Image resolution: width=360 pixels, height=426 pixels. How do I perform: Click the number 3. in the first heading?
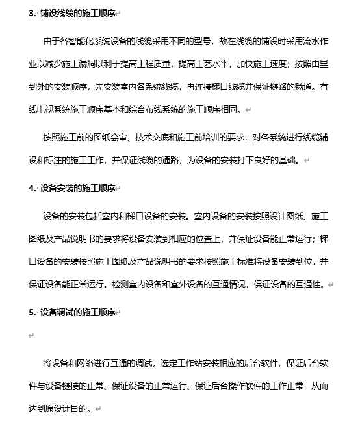coord(32,13)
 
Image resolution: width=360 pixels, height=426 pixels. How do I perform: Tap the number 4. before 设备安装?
coord(32,188)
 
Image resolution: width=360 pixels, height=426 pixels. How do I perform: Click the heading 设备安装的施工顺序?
coord(79,188)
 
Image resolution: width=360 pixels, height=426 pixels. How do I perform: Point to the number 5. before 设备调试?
coord(32,312)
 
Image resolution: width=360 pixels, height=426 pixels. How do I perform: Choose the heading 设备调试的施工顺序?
coord(79,312)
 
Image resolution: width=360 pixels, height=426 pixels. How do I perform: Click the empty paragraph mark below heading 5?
coord(31,336)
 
